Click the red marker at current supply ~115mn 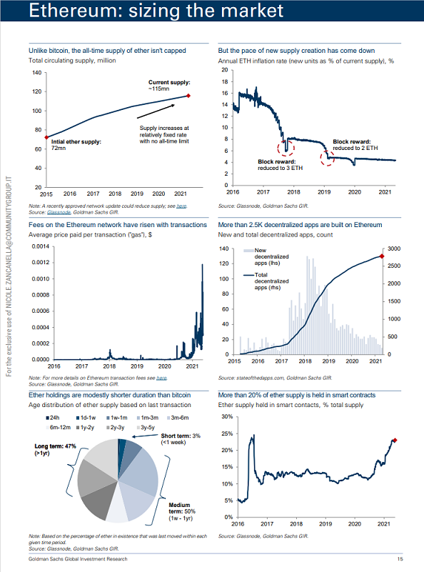[x=188, y=96]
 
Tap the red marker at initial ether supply [x=46, y=137]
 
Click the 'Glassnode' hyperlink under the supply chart [x=59, y=212]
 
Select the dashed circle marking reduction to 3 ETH [x=286, y=148]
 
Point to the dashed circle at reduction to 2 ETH [x=328, y=158]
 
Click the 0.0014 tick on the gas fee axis [x=40, y=246]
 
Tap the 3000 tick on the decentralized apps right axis [x=394, y=249]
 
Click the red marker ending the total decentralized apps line [x=382, y=256]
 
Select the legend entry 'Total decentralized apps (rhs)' [x=266, y=281]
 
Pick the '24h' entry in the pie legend [x=53, y=418]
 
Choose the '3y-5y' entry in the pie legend [x=146, y=427]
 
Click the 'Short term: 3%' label [x=181, y=436]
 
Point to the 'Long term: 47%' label [x=55, y=446]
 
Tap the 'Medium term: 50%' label [x=182, y=508]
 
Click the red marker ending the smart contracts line [x=395, y=441]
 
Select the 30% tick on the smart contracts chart [x=227, y=416]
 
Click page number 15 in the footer [x=400, y=559]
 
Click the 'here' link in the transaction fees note [x=161, y=378]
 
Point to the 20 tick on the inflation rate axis [x=225, y=70]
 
